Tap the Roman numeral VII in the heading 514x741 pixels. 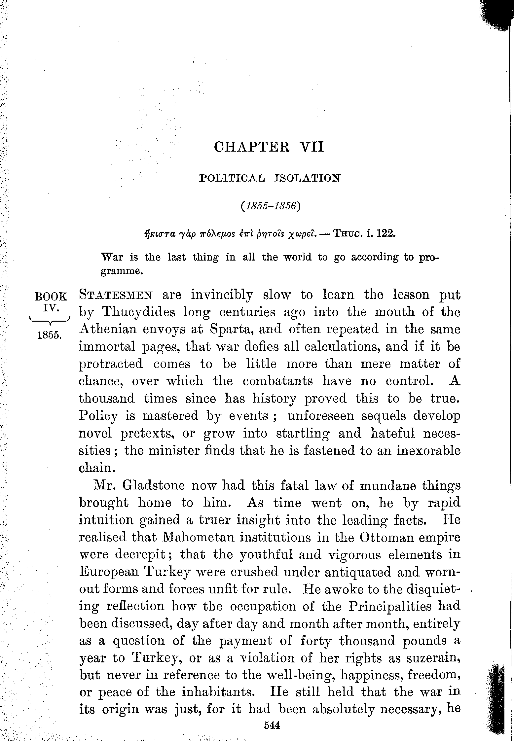coord(312,147)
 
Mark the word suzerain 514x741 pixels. coord(433,658)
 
